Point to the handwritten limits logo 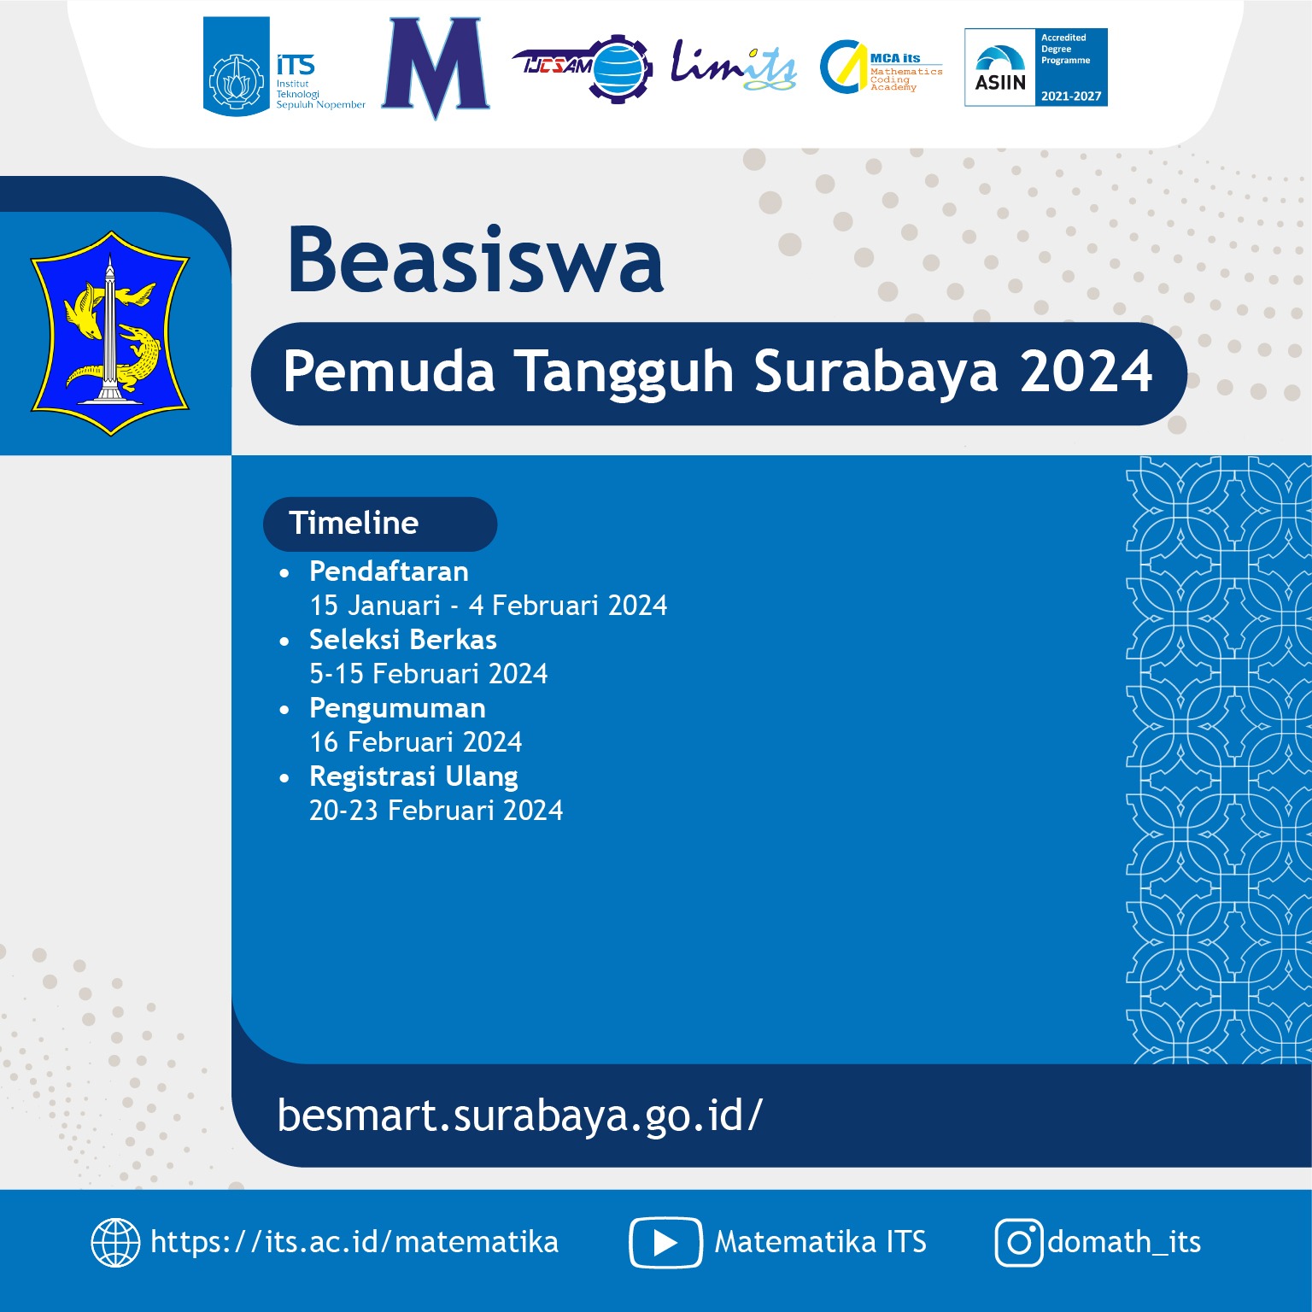[733, 65]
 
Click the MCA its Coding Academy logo [880, 67]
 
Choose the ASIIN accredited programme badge [1035, 67]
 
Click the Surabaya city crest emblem [110, 333]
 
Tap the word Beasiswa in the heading [476, 261]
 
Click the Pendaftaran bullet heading [389, 571]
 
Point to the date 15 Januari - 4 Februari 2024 [488, 606]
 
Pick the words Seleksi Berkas [402, 639]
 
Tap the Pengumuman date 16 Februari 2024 [415, 742]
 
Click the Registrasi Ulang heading [413, 776]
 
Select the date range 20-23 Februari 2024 [436, 811]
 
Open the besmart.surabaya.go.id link [519, 1116]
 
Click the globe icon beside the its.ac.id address [115, 1242]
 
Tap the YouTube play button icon [665, 1242]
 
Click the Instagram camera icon [1018, 1242]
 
